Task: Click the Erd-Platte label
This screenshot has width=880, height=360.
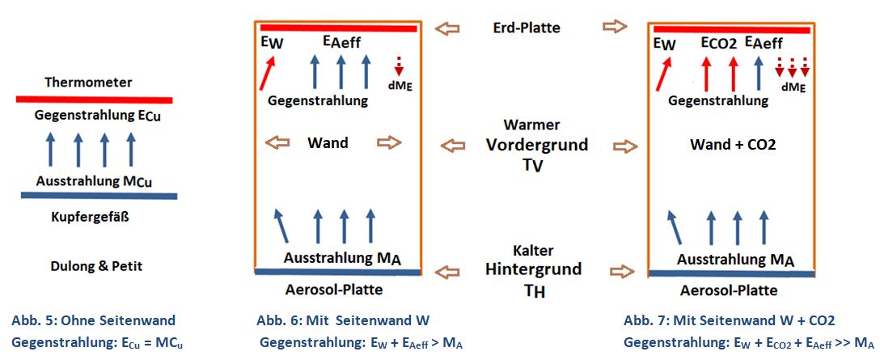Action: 526,28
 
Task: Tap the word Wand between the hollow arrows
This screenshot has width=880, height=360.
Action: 328,143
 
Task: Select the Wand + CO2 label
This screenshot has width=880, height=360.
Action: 733,145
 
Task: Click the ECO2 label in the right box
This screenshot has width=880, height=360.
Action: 723,42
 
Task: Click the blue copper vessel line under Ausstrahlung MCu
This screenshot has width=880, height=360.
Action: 99,196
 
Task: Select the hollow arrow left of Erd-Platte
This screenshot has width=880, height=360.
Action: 446,28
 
